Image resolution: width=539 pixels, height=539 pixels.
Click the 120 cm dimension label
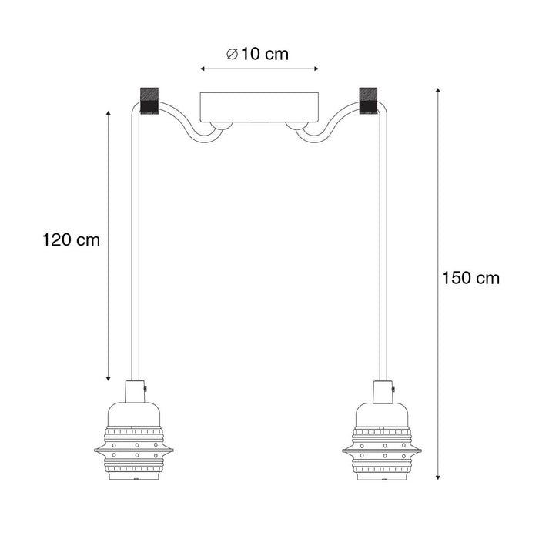(71, 239)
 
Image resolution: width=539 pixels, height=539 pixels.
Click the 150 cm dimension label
(470, 278)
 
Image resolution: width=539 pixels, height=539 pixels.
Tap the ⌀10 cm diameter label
(258, 54)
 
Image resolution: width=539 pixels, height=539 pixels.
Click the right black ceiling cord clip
(370, 101)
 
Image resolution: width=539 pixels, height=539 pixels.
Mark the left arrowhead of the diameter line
(203, 69)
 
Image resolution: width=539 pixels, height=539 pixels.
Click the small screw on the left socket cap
(146, 391)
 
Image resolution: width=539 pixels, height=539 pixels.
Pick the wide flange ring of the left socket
(135, 447)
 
